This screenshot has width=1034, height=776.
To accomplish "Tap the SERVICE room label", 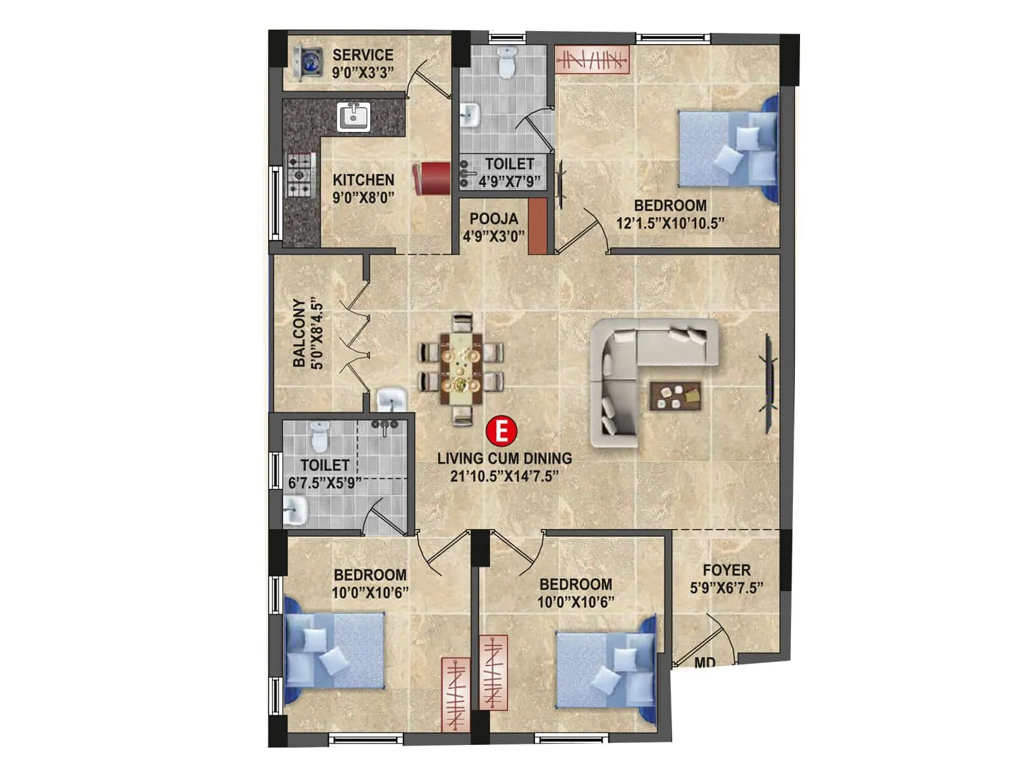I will [x=363, y=55].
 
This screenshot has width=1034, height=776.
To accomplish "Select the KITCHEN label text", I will [x=363, y=180].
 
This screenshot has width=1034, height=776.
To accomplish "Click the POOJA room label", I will [x=494, y=219].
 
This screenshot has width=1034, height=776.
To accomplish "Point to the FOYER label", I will [x=726, y=570].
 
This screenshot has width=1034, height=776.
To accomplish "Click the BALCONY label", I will [x=299, y=333].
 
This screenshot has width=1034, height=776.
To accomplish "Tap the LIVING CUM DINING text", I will [x=504, y=458].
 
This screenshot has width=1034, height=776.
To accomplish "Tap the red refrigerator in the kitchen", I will [x=432, y=178].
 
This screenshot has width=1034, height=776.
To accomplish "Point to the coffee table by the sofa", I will [x=675, y=396].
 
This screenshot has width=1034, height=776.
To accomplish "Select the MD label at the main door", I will [x=704, y=663].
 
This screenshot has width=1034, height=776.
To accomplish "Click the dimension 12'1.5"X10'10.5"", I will [x=670, y=224].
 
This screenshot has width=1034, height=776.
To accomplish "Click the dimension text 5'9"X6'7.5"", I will [x=726, y=588].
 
